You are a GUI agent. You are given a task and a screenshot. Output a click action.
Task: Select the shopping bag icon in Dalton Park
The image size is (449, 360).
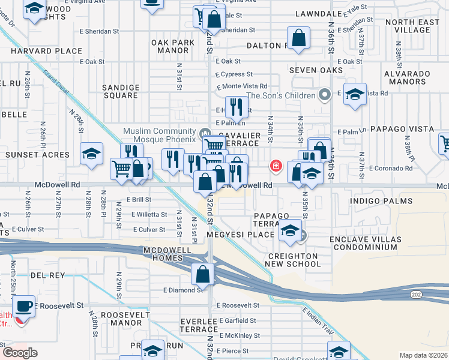click(299, 40)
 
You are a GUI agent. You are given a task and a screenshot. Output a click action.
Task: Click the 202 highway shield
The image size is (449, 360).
click(415, 295)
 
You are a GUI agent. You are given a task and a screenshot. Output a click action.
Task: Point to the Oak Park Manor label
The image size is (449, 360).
click(173, 47)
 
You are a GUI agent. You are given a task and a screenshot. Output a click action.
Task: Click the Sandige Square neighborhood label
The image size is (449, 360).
click(121, 91)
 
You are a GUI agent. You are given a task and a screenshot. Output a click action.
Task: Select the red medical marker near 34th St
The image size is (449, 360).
click(276, 166)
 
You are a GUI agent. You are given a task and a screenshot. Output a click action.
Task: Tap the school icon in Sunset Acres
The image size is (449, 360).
click(91, 154)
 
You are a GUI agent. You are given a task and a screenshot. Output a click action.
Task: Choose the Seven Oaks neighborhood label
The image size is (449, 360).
click(316, 70)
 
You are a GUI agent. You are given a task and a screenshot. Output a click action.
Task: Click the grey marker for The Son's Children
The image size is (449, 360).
click(325, 95)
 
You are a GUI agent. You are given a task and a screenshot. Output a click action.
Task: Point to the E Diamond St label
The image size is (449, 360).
click(182, 290)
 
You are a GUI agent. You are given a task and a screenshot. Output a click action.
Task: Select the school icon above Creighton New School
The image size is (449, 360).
click(290, 231)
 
